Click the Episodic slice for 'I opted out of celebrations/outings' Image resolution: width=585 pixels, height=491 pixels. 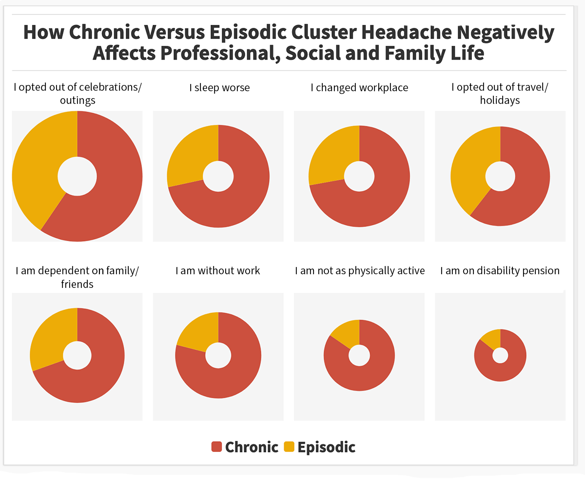37,166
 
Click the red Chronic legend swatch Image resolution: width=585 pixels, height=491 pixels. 216,447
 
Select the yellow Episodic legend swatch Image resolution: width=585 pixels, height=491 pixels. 289,447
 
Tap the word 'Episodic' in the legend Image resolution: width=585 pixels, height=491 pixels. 326,447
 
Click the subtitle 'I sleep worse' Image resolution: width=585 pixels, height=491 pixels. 219,88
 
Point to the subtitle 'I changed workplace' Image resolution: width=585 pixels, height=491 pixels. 359,88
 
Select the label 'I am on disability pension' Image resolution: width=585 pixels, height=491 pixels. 500,270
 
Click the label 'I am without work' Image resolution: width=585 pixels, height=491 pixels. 218,270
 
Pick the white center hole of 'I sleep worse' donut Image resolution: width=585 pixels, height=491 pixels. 218,176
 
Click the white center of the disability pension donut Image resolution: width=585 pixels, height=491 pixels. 500,355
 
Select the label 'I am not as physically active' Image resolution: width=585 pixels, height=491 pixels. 360,270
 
